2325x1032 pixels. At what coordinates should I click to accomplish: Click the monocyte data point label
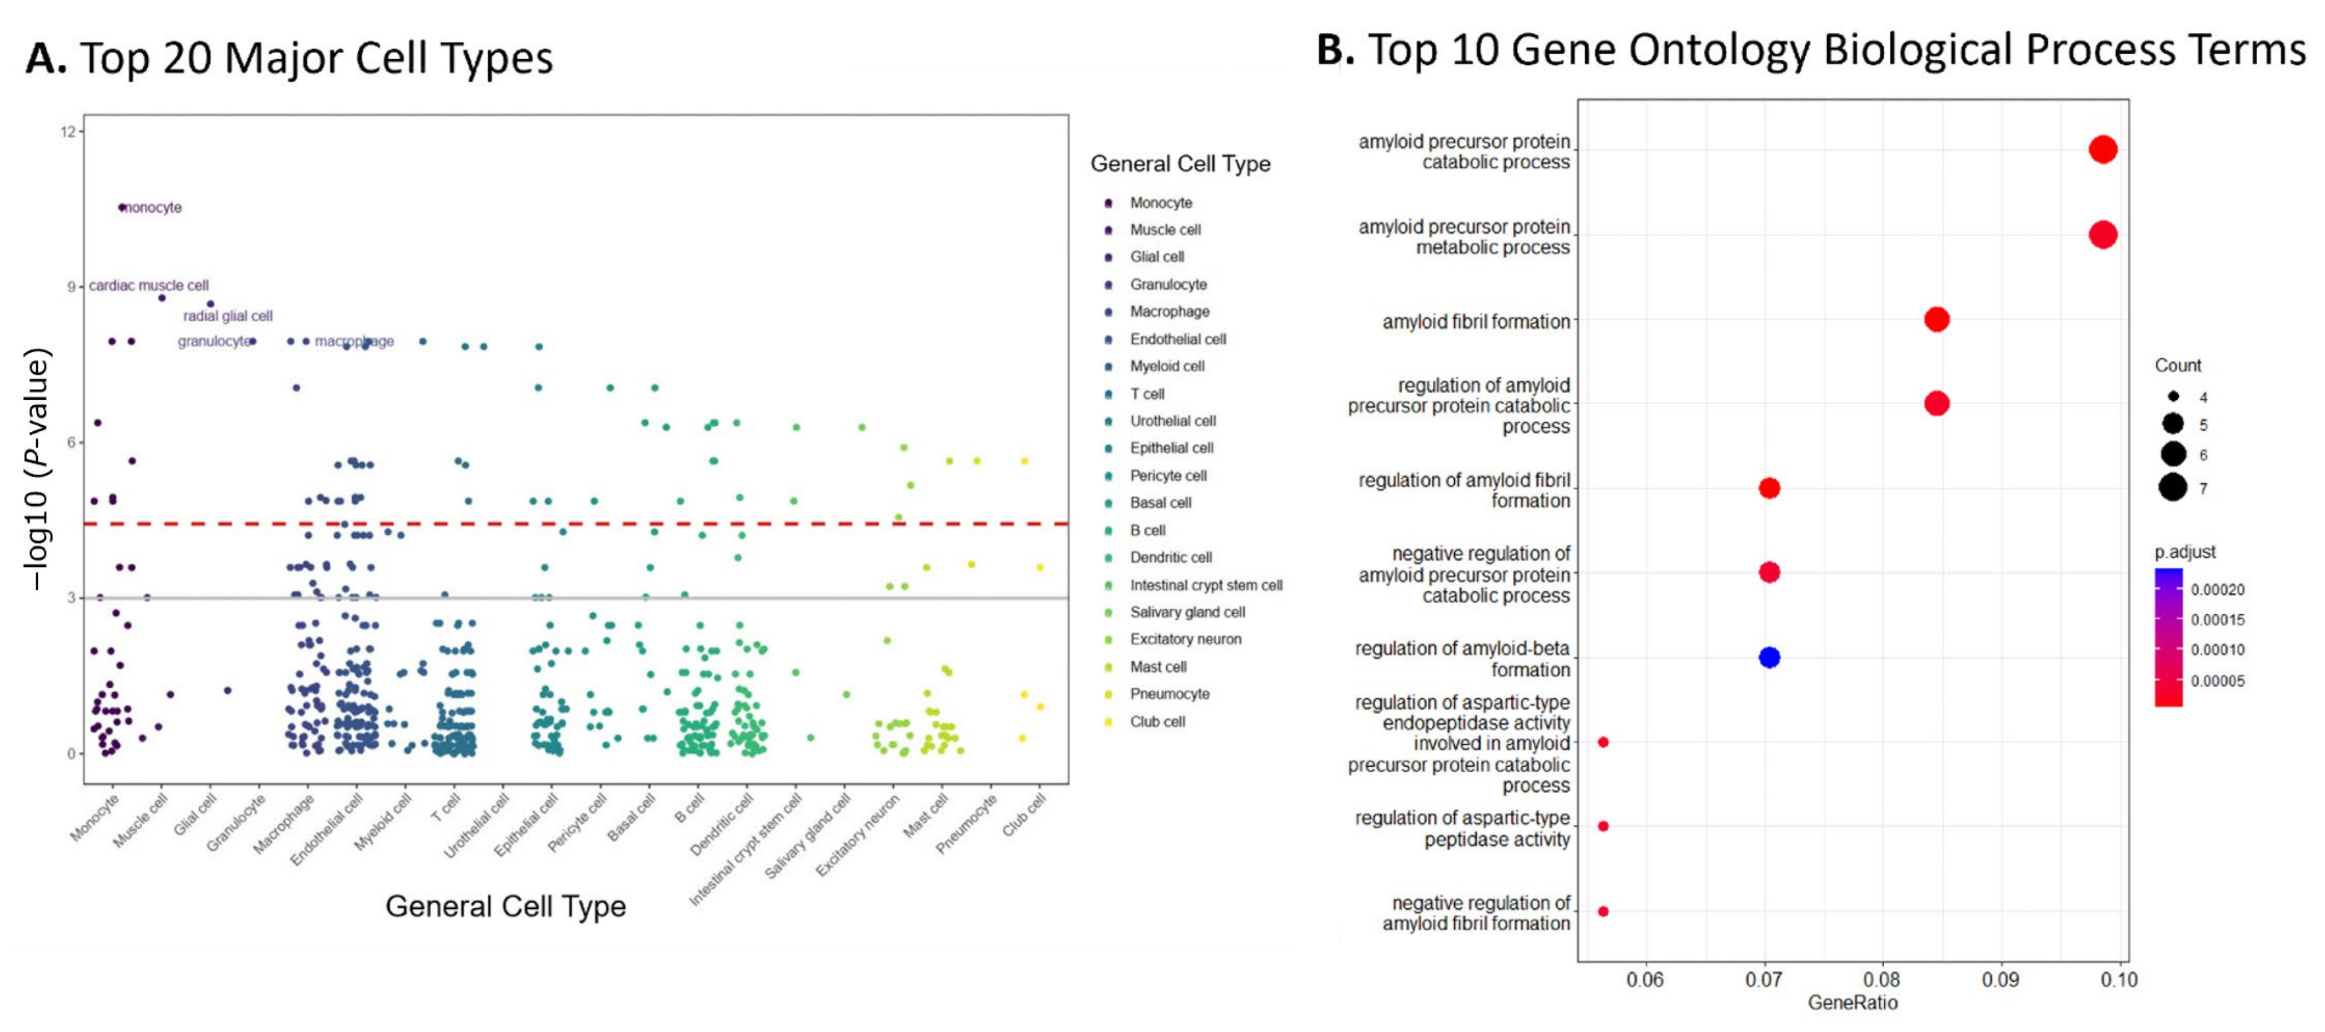pyautogui.click(x=152, y=208)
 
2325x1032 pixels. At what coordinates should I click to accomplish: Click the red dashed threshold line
pyautogui.click(x=578, y=524)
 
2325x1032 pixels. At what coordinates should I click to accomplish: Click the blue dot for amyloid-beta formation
pyautogui.click(x=1769, y=657)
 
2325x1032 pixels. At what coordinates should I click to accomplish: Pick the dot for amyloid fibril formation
pyautogui.click(x=1936, y=320)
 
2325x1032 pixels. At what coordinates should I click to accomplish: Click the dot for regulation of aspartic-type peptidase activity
pyautogui.click(x=1603, y=826)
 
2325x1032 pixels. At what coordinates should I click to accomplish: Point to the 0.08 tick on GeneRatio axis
pyautogui.click(x=1882, y=979)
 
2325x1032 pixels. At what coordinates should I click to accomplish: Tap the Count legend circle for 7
pyautogui.click(x=2173, y=488)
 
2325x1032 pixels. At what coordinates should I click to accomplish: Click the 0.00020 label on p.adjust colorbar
pyautogui.click(x=2218, y=589)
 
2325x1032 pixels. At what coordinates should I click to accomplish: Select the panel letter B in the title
pyautogui.click(x=1335, y=50)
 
